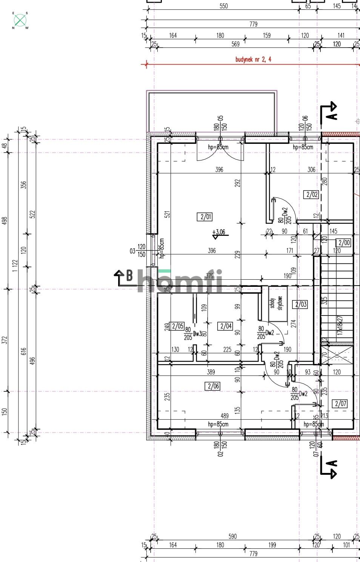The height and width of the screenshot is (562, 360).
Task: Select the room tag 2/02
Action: coord(312,195)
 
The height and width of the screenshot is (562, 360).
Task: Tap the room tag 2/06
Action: coord(213,386)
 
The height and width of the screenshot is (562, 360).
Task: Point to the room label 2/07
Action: coord(340,403)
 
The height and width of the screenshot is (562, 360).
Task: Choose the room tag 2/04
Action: coord(226,326)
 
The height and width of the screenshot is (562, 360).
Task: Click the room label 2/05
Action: coord(177,326)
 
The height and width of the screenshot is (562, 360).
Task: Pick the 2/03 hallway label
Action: coord(301,304)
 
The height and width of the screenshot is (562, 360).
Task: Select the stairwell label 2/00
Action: coord(344,243)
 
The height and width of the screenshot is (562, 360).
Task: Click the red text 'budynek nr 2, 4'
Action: coord(253,59)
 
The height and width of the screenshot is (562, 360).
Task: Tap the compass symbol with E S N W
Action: coord(20,20)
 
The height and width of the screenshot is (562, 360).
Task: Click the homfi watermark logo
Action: coord(180,281)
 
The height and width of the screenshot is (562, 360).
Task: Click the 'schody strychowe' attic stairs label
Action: coord(277,304)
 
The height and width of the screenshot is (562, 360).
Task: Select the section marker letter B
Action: coord(129,276)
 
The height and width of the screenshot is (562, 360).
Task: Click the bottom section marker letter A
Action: coord(332,464)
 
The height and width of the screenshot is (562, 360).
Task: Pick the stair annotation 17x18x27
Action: coord(339,326)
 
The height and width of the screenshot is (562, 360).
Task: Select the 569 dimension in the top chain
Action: coord(235,44)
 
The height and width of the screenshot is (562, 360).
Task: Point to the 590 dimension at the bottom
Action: coord(232,536)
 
